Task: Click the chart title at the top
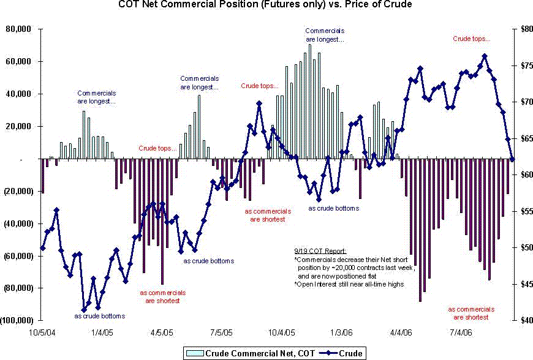click(x=265, y=6)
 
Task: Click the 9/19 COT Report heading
click(x=320, y=251)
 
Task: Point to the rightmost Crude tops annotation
click(x=471, y=39)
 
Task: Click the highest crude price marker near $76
click(x=485, y=56)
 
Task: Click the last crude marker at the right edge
click(x=512, y=159)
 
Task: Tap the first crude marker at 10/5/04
click(x=42, y=248)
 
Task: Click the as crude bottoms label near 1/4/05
click(x=100, y=316)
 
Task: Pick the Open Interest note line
click(x=349, y=284)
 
